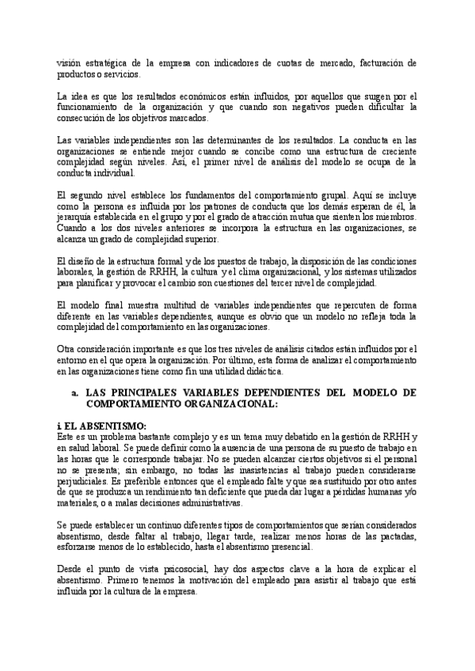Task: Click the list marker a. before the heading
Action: click(74, 392)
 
